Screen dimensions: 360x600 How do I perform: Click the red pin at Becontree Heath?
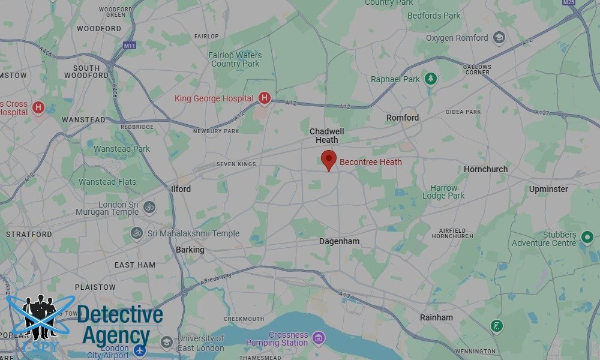coord(328,160)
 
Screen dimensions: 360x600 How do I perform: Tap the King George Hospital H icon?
coord(264,98)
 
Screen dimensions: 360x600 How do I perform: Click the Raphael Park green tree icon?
coord(430,79)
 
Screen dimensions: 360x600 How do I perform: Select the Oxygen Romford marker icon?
coord(498,38)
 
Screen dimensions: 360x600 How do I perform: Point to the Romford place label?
coord(403,118)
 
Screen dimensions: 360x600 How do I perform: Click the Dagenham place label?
coord(339,241)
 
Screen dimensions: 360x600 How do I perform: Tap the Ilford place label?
coord(181,189)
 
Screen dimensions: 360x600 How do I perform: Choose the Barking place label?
coord(190,250)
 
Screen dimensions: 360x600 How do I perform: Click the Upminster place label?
coord(548,189)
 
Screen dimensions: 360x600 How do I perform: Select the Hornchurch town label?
coord(485,169)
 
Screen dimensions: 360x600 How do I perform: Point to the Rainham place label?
coord(436,317)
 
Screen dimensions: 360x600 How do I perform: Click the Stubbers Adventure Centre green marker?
coord(587,238)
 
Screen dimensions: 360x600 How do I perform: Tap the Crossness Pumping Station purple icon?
coord(318,338)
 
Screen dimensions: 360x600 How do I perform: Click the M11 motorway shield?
coord(130,46)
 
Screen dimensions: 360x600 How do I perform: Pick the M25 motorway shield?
coord(569,2)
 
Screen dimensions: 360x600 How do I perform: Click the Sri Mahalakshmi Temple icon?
coord(137,233)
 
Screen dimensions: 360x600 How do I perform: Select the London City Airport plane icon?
coord(140,350)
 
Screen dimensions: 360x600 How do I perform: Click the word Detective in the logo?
coord(120,314)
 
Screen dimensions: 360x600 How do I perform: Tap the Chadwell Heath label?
coord(327,136)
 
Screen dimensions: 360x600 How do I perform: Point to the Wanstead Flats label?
coord(107,182)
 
